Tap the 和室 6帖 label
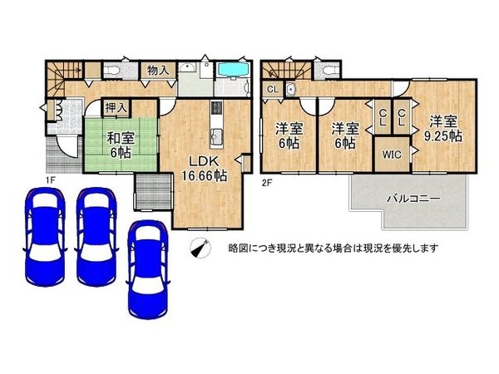[117, 145]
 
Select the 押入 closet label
[116, 107]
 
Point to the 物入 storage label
[158, 71]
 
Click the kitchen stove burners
[217, 109]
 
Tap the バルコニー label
[413, 198]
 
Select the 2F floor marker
[268, 182]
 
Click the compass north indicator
[200, 247]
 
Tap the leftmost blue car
[42, 224]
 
